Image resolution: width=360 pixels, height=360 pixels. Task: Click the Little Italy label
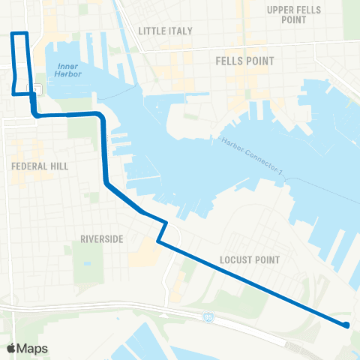click(x=166, y=31)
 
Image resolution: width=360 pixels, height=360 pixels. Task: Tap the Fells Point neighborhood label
click(x=244, y=60)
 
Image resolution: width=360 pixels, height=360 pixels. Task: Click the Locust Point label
click(x=250, y=260)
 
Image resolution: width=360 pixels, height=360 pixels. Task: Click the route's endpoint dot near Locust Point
click(x=346, y=325)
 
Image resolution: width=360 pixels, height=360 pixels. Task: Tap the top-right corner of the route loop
click(x=27, y=34)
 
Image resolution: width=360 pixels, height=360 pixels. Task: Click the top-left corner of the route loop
click(x=12, y=34)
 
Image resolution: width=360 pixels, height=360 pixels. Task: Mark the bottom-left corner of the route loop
click(x=13, y=94)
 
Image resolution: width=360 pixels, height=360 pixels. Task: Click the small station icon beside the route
click(x=37, y=89)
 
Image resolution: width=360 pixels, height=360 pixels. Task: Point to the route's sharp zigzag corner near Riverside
click(x=158, y=241)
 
